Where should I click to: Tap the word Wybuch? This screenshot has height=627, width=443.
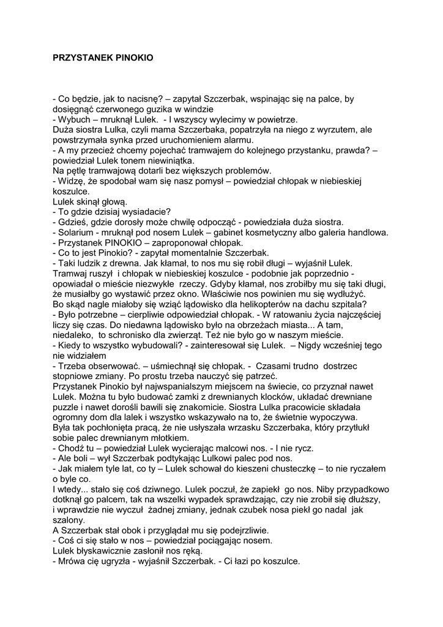click(x=73, y=119)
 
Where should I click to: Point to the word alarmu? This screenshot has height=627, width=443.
click(x=224, y=140)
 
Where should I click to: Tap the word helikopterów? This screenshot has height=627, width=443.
click(x=251, y=304)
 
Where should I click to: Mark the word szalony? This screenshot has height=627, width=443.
click(x=70, y=520)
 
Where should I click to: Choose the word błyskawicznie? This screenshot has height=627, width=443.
click(x=99, y=551)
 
